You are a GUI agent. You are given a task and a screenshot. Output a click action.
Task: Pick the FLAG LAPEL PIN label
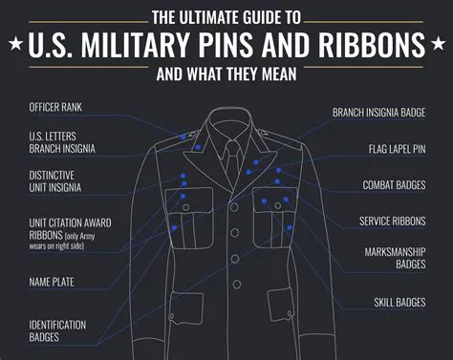pos(403,149)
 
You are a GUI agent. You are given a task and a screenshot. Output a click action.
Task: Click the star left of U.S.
pos(14,44)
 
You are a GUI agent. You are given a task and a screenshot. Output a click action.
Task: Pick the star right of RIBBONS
pos(439,44)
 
